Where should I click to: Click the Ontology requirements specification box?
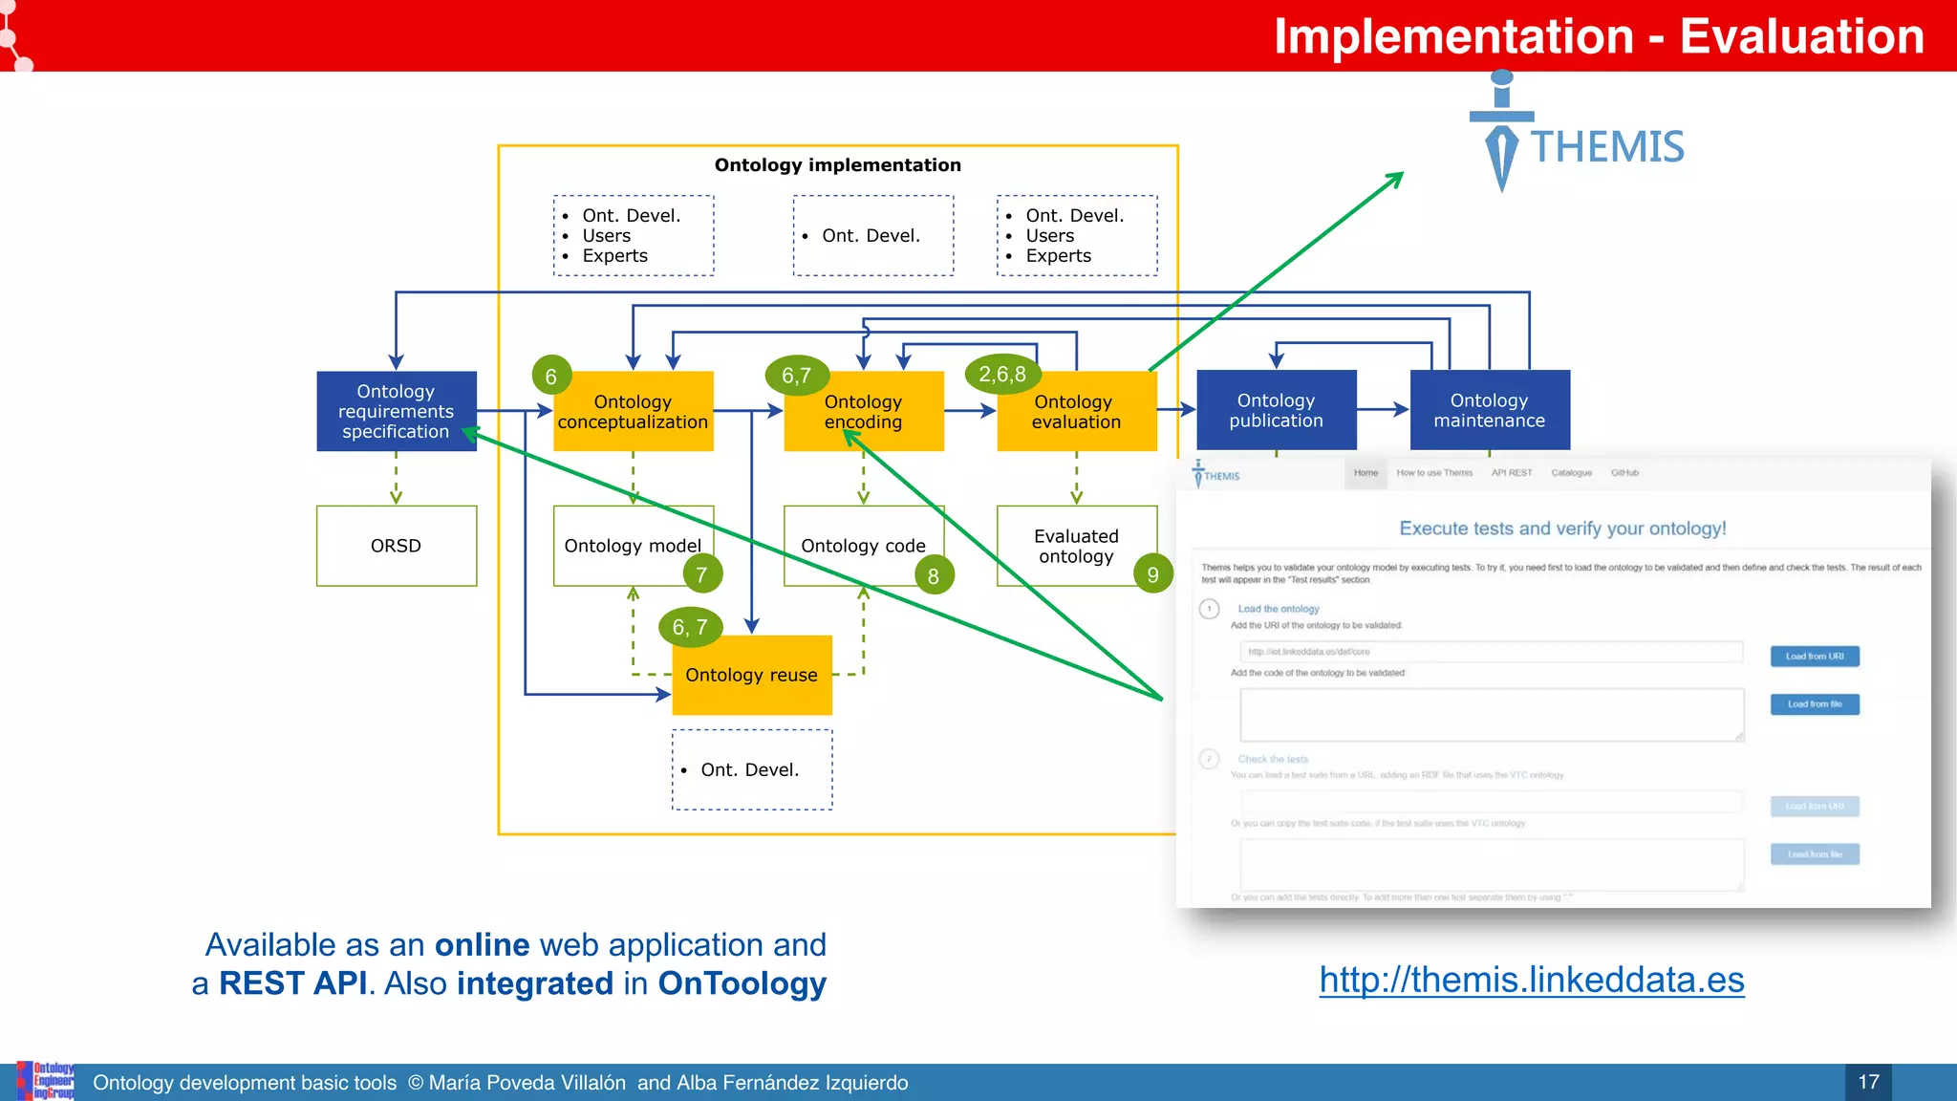pyautogui.click(x=396, y=411)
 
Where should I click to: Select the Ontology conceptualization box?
pyautogui.click(x=633, y=412)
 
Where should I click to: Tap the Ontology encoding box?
pyautogui.click(x=863, y=412)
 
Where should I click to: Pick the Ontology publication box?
pyautogui.click(x=1276, y=410)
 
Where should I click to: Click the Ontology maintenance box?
pyautogui.click(x=1489, y=410)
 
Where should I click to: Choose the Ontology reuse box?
pyautogui.click(x=751, y=676)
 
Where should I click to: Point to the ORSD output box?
pyautogui.click(x=396, y=546)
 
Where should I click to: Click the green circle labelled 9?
pyautogui.click(x=1152, y=574)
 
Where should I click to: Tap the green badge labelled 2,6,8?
pyautogui.click(x=1002, y=375)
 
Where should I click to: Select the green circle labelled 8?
pyautogui.click(x=934, y=575)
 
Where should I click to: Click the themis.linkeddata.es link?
pyautogui.click(x=1531, y=981)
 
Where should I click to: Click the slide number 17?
pyautogui.click(x=1868, y=1082)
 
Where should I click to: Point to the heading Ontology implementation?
pyautogui.click(x=837, y=165)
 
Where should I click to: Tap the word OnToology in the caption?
pyautogui.click(x=742, y=983)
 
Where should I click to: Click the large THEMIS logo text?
pyautogui.click(x=1607, y=147)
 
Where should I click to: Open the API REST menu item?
pyautogui.click(x=1511, y=473)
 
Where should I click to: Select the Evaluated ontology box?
pyautogui.click(x=1075, y=546)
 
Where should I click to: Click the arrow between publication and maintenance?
pyautogui.click(x=1383, y=410)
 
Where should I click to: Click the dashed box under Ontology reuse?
pyautogui.click(x=751, y=770)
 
